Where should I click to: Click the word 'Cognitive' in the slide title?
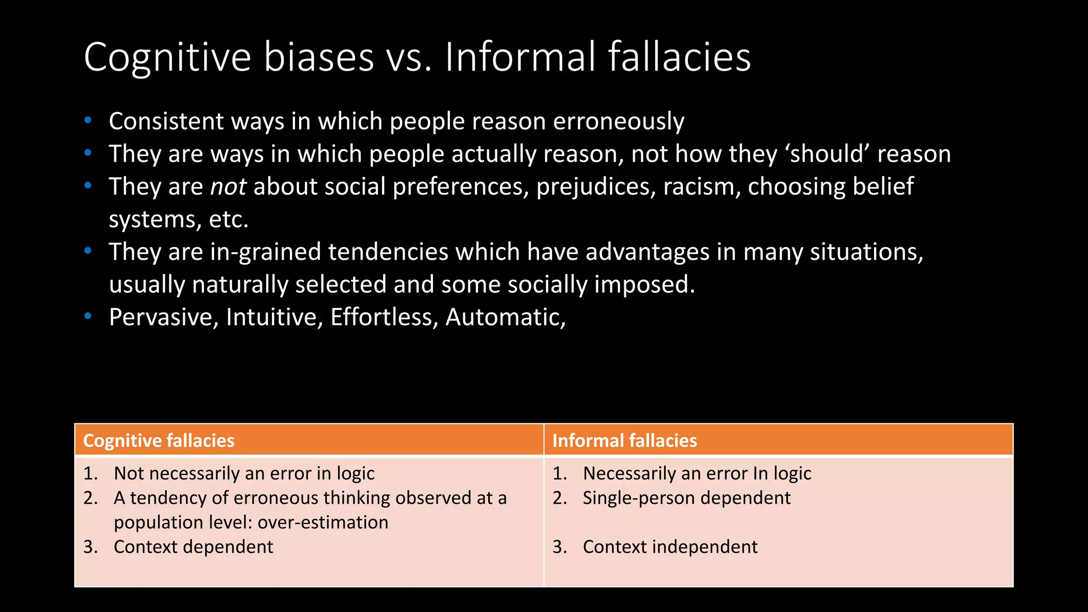[x=167, y=57]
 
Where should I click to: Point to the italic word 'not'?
[x=228, y=186]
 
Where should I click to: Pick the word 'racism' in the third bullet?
[x=701, y=186]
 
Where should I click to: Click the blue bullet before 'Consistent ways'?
[x=88, y=120]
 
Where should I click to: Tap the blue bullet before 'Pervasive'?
[x=88, y=316]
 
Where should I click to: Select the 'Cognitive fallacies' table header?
[x=159, y=440]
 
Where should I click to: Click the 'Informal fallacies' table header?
[x=624, y=440]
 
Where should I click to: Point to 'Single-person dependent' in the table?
[x=686, y=498]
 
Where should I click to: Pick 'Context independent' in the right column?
[x=670, y=547]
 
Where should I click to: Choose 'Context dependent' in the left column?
[x=193, y=547]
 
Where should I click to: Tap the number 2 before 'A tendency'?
[x=90, y=498]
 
